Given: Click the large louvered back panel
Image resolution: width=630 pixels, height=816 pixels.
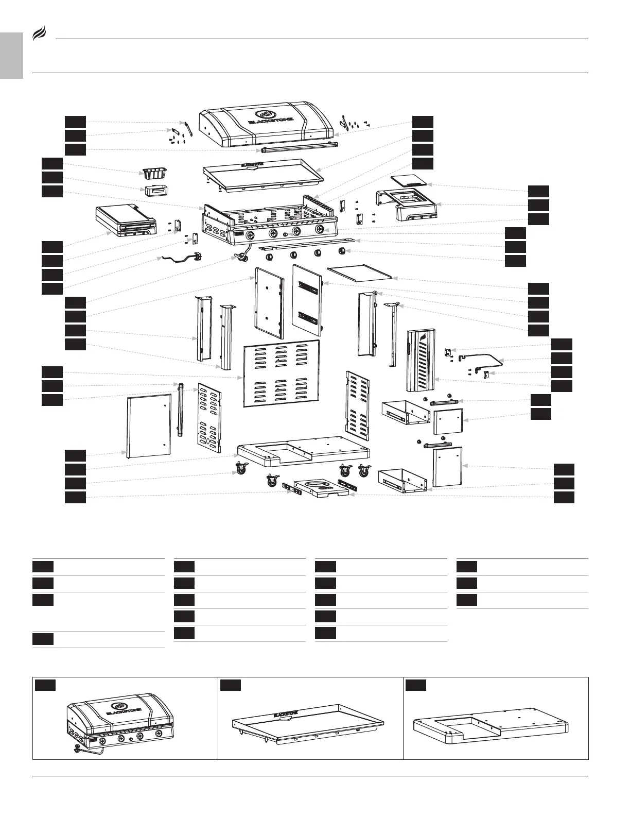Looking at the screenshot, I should pos(281,373).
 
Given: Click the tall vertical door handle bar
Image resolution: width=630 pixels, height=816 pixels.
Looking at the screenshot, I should pos(180,410).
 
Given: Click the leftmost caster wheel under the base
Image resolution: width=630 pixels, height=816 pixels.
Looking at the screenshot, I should pos(241,469).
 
